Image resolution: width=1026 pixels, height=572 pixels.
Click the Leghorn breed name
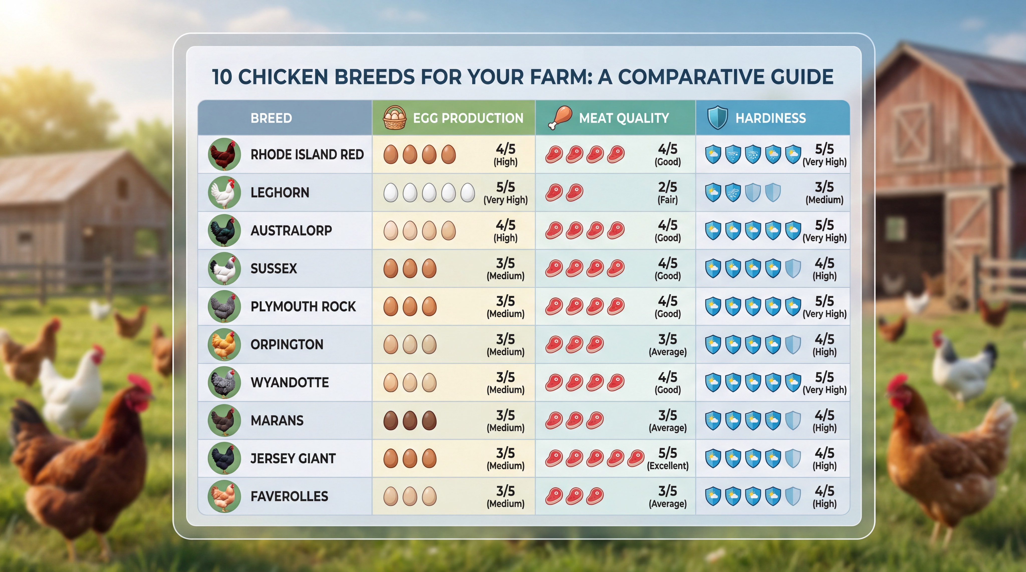[x=280, y=192]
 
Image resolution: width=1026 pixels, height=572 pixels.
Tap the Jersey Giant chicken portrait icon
[x=224, y=458]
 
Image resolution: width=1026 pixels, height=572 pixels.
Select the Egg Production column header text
[x=468, y=118]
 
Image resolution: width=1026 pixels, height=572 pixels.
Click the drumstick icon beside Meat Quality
[x=560, y=118]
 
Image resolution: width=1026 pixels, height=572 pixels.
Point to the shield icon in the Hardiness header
[x=717, y=118]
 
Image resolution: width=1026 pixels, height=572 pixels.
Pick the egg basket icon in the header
[x=394, y=118]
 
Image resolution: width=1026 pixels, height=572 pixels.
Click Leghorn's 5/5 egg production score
[x=505, y=192]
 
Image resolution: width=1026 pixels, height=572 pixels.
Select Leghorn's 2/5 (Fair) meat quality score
[x=668, y=192]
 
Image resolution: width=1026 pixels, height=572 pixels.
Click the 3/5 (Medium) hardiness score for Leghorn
[x=824, y=192]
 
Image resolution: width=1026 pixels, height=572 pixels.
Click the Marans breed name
[x=277, y=420]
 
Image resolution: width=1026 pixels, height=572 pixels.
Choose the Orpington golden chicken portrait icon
[x=224, y=345]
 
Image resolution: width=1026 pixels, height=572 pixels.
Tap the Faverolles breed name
[x=289, y=496]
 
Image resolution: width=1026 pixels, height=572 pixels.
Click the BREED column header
[x=271, y=118]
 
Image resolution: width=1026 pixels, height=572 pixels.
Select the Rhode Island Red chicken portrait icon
[x=224, y=154]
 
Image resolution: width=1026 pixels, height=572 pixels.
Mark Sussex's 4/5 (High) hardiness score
[x=824, y=268]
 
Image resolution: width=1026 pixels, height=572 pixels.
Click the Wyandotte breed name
[x=290, y=383]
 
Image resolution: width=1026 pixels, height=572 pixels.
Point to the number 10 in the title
[x=222, y=77]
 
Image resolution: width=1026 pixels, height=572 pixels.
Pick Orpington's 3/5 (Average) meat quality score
[x=668, y=345]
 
